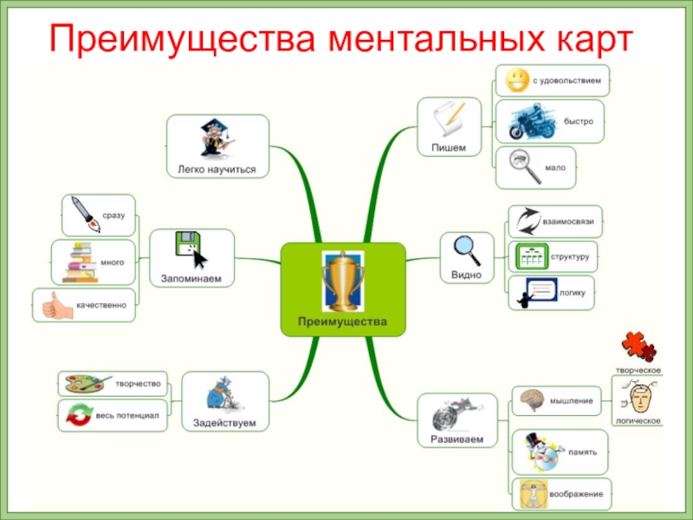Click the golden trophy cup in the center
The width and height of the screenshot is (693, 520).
[343, 281]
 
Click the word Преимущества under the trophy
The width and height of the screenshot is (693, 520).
[343, 322]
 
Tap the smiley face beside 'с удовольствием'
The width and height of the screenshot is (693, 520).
[514, 81]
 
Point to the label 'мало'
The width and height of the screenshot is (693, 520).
[555, 166]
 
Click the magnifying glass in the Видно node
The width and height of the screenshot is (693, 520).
[466, 250]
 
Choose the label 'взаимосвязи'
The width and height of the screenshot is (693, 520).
[567, 222]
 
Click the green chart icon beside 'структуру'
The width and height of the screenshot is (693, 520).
[529, 257]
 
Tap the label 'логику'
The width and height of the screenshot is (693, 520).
[573, 293]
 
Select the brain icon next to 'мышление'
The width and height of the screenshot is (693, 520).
[531, 400]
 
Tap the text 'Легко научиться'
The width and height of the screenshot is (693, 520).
[217, 169]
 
